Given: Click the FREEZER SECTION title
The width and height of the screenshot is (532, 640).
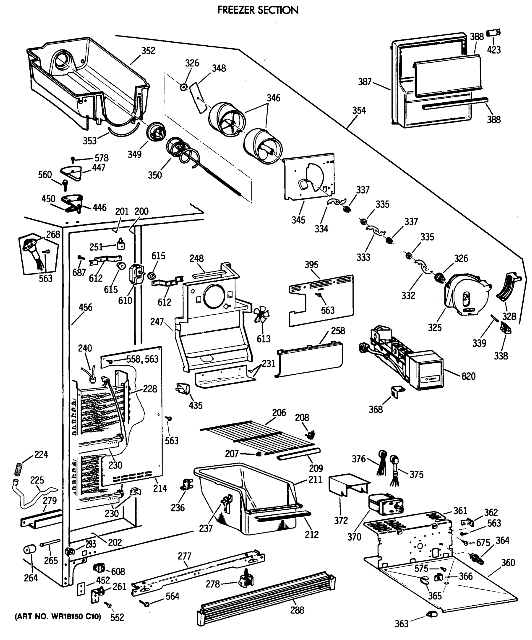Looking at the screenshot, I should coord(258,10).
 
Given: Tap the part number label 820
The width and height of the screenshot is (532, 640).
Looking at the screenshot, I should coord(468,376).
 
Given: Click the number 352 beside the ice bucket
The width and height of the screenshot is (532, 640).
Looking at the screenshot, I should coord(148,51).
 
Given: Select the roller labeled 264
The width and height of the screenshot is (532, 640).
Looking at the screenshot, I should coord(30,550).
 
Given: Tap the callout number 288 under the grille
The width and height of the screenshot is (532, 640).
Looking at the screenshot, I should coord(297,610).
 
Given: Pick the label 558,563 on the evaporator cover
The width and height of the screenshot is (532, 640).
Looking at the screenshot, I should coord(143,359).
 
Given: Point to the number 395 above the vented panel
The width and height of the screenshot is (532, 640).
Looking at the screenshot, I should coord(311,265).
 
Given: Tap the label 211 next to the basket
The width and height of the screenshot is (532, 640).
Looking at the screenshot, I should coord(315,480).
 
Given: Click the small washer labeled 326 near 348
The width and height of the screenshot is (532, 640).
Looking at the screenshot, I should coord(183,87).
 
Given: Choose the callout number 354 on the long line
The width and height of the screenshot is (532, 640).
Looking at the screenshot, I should coord(359,110).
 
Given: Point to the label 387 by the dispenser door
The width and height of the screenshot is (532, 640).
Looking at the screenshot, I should coord(365,82).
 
